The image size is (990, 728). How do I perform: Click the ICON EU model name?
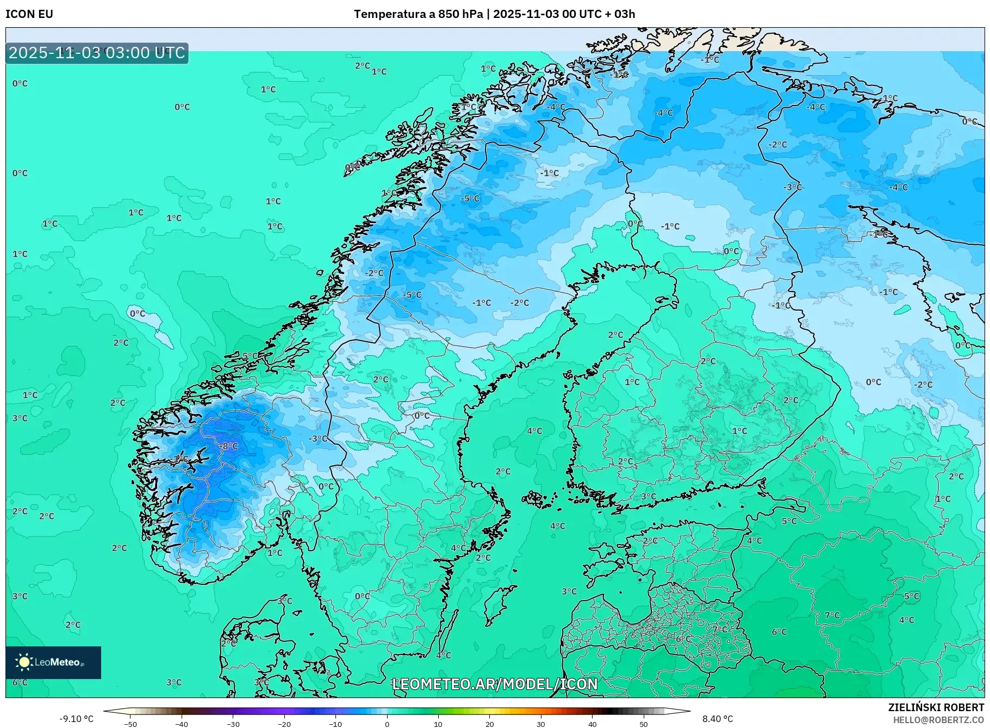click(29, 14)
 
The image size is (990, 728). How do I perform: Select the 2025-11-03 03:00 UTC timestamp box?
click(97, 53)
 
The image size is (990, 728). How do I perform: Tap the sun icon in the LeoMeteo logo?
click(24, 662)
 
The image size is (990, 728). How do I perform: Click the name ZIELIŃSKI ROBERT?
click(936, 707)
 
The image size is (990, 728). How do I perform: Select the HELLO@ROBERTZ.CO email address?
click(939, 720)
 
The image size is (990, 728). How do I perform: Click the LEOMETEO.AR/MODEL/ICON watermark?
click(495, 684)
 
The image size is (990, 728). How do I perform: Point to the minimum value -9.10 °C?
click(76, 719)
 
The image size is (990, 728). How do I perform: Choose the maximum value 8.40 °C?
click(717, 719)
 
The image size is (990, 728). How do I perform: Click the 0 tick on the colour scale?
click(387, 724)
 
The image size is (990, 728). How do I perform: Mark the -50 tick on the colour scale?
click(130, 724)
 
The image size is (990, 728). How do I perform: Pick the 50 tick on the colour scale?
click(644, 724)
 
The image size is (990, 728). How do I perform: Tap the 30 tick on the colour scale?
click(541, 724)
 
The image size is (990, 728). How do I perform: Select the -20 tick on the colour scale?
click(284, 724)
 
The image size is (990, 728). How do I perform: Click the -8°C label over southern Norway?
click(230, 446)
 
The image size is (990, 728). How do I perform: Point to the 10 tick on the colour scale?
click(438, 724)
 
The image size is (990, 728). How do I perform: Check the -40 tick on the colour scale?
click(182, 724)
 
